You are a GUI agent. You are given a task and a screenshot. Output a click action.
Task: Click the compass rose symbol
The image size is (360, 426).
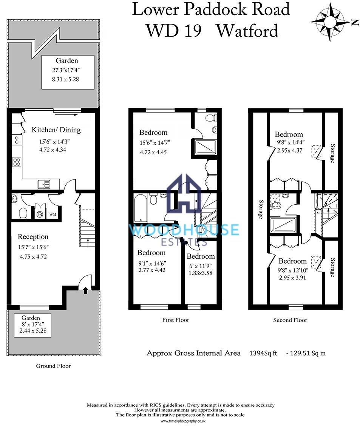pos(330,22)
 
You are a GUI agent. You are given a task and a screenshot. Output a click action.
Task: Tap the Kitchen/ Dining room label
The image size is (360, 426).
pos(56,130)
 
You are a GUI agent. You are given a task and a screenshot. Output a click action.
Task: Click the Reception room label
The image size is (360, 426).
pos(33,237)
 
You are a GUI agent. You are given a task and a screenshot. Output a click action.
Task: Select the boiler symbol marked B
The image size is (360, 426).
pos(40,215)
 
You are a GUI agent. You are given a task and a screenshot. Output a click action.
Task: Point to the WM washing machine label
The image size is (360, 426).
pos(53,215)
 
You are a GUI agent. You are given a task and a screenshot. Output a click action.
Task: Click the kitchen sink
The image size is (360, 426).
pos(44,184)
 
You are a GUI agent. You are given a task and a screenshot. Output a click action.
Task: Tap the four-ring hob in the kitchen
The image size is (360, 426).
pos(17,162)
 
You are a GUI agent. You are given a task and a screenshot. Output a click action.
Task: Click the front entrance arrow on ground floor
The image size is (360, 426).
pos(85,290)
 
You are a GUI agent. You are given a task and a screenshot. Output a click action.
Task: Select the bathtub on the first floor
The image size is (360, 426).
pos(141,208)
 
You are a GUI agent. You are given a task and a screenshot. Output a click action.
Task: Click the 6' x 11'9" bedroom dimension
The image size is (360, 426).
pos(201,266)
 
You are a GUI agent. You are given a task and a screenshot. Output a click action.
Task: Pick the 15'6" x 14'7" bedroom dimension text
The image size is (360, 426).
pos(155,143)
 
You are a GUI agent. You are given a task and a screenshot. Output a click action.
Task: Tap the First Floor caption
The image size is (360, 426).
pos(176,320)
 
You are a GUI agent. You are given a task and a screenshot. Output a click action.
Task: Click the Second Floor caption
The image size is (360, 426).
pos(290,320)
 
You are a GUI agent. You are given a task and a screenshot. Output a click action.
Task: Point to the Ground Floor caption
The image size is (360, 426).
pos(53,366)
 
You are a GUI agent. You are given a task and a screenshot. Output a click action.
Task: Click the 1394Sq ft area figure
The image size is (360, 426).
pos(263,353)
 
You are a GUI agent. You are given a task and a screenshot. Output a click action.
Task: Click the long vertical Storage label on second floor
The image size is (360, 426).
pos(261,209)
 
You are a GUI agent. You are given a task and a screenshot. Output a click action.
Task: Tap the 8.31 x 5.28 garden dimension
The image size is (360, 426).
pos(65,79)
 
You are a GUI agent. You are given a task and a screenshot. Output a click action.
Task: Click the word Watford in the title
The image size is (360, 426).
pos(247,31)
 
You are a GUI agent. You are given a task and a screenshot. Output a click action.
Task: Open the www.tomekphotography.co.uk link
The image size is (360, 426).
pos(183,421)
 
